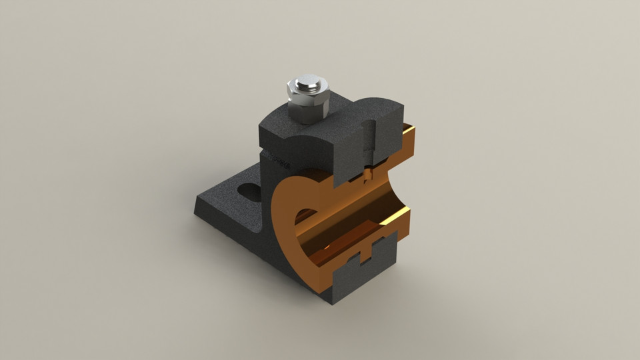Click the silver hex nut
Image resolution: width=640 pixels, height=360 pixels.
pyautogui.click(x=308, y=105)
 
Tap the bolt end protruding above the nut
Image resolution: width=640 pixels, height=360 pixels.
pyautogui.click(x=309, y=83)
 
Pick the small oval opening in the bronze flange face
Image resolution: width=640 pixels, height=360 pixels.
pyautogui.click(x=305, y=215)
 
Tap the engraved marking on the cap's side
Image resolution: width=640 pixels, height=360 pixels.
pyautogui.click(x=277, y=161)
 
